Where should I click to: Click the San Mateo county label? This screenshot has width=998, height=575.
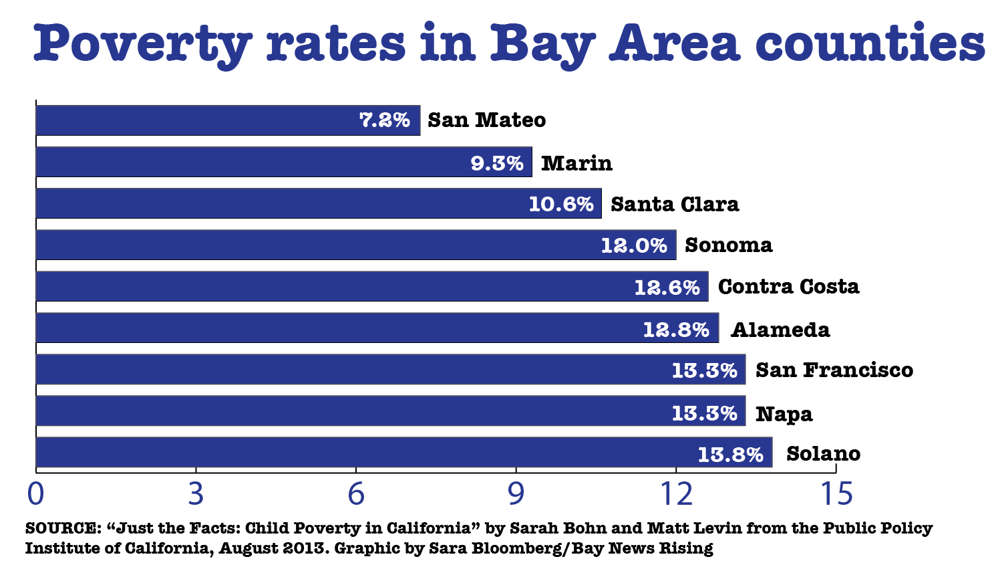[486, 120]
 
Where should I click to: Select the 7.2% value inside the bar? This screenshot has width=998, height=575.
[385, 120]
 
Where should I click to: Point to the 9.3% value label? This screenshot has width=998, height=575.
[497, 163]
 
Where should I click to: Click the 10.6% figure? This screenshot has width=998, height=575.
[561, 204]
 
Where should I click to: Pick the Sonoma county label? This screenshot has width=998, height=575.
[728, 245]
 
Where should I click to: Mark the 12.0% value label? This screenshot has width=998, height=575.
[634, 245]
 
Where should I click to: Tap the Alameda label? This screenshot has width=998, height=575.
[780, 330]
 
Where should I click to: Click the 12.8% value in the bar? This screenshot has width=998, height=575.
[676, 330]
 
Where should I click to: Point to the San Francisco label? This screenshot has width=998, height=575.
[834, 370]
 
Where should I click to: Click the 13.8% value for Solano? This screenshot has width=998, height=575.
[730, 455]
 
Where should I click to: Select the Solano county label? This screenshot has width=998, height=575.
[823, 454]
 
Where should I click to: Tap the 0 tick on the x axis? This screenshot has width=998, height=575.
[35, 494]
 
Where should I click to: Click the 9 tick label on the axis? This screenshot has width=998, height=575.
[516, 494]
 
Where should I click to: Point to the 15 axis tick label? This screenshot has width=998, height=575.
[836, 494]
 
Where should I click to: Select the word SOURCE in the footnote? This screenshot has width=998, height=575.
[61, 528]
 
